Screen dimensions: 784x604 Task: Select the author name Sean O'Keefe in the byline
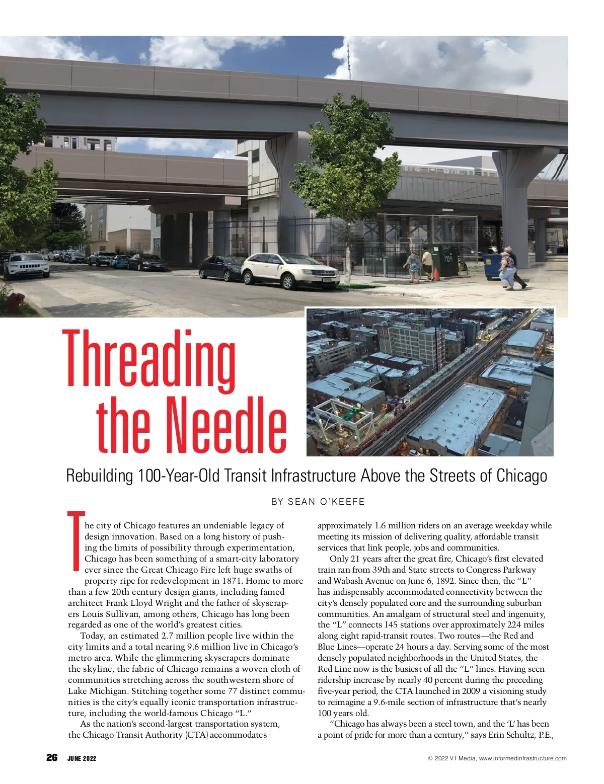(326, 502)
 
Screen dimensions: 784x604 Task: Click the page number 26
(52, 758)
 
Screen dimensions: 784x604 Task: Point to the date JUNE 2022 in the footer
(82, 758)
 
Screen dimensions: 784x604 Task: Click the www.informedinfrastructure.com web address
(522, 758)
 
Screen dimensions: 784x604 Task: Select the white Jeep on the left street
(26, 265)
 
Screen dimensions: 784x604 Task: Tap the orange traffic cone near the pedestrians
(436, 274)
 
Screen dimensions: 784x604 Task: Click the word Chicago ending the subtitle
(521, 476)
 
